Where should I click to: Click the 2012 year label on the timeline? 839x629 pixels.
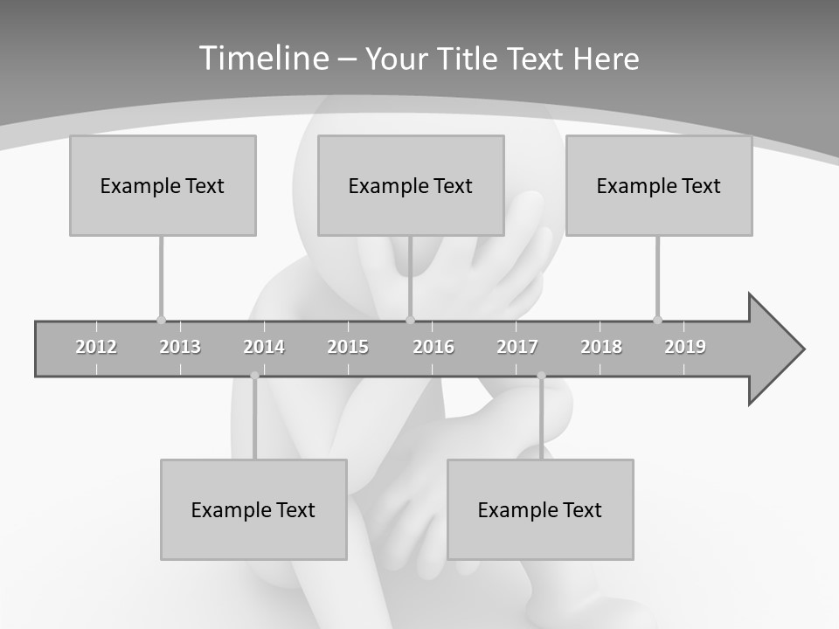click(x=96, y=347)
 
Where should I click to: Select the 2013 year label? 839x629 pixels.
click(x=180, y=347)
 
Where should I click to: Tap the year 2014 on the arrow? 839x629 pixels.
click(x=264, y=347)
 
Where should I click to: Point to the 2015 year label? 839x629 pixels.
click(x=348, y=347)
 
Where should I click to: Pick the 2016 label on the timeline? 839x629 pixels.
click(x=433, y=347)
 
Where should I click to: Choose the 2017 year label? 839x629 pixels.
click(x=517, y=347)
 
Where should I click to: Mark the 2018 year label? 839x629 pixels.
click(x=601, y=347)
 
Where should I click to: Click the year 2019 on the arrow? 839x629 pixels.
click(x=685, y=347)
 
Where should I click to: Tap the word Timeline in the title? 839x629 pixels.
click(x=263, y=59)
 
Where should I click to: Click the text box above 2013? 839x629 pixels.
click(x=163, y=185)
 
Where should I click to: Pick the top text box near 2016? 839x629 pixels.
click(x=411, y=185)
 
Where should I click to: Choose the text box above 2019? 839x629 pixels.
click(x=659, y=185)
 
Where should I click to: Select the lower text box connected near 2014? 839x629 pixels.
click(x=253, y=509)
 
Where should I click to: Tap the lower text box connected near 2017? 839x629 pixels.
click(x=540, y=509)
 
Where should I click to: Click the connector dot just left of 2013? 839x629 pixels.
click(x=161, y=320)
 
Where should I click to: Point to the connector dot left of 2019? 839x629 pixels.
click(x=657, y=320)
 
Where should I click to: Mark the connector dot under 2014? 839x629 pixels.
click(x=254, y=376)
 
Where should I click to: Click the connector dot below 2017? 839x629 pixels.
click(x=541, y=376)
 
